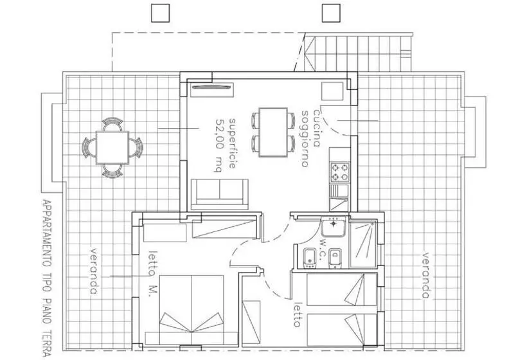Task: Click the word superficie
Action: tap(232, 143)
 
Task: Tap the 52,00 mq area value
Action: tap(219, 145)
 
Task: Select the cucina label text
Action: tap(317, 128)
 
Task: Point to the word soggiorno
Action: tap(305, 138)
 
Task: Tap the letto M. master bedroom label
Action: tap(152, 273)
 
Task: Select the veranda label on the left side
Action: tap(94, 271)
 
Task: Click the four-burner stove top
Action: tap(340, 172)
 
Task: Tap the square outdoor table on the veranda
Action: tap(112, 147)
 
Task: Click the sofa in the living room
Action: tap(220, 194)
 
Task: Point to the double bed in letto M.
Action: tap(192, 310)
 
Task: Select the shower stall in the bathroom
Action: tap(363, 244)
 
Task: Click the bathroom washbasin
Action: tap(333, 226)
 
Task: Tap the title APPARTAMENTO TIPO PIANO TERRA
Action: tap(47, 278)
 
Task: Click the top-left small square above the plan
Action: tap(160, 13)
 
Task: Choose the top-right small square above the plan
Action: tap(331, 13)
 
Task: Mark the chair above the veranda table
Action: tap(112, 123)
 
